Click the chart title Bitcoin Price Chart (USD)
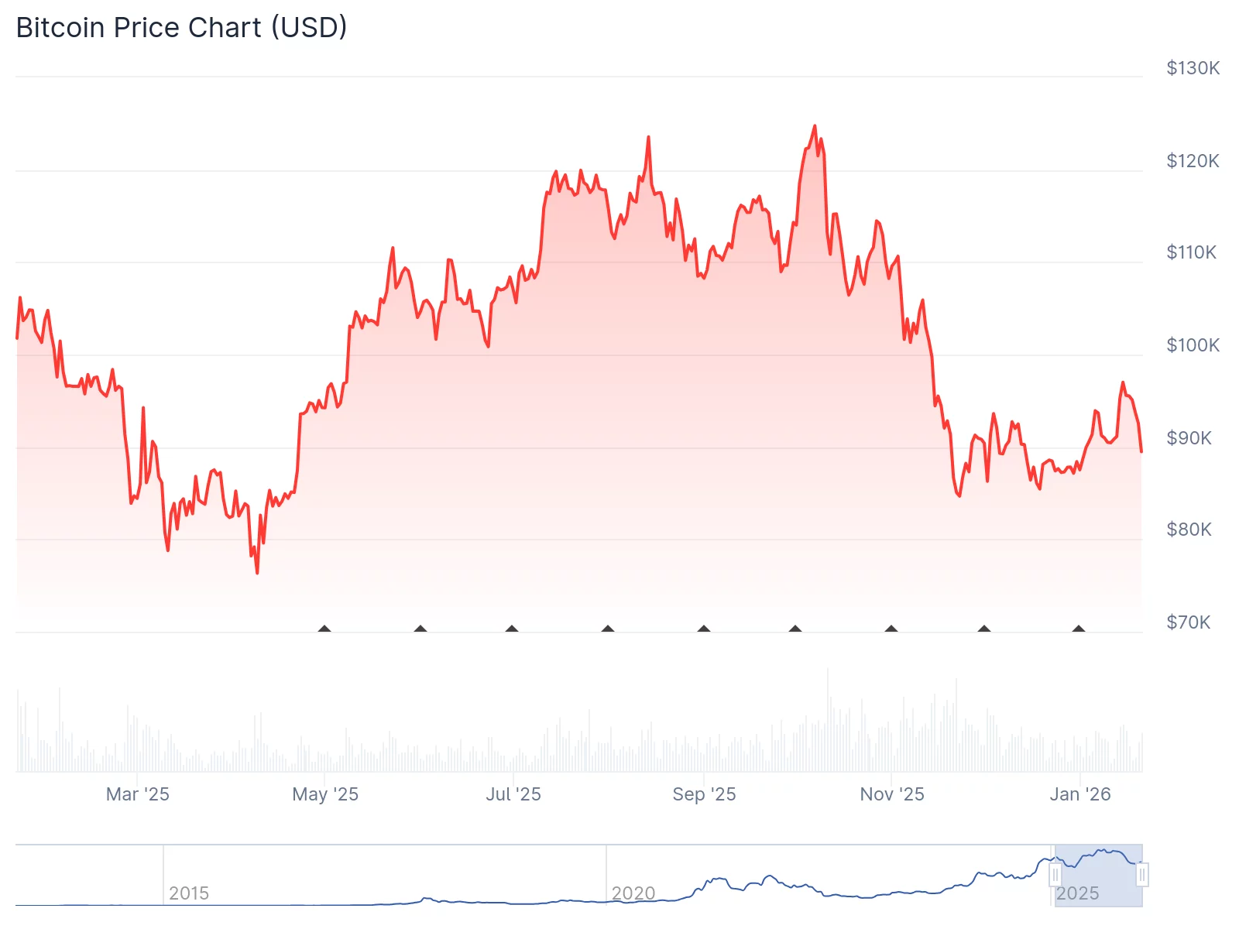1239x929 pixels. point(181,28)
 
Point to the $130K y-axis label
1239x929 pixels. point(1193,68)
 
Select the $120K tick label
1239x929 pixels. point(1193,161)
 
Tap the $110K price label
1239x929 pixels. point(1191,252)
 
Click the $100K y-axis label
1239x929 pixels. point(1193,345)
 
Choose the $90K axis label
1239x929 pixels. point(1189,438)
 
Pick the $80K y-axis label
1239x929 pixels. point(1189,530)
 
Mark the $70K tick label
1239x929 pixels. point(1188,622)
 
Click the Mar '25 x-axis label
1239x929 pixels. point(137,794)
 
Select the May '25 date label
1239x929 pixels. point(325,794)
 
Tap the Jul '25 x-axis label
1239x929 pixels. point(513,794)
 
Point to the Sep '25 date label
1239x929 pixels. point(704,794)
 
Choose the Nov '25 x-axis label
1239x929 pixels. point(892,794)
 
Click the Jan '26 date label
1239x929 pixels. point(1080,794)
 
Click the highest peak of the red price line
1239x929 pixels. point(815,126)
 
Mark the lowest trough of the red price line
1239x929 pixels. point(257,572)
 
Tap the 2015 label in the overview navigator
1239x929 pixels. point(189,893)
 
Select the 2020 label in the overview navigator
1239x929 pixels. point(633,893)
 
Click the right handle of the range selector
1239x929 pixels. point(1142,875)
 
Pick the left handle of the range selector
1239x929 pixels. point(1055,875)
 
